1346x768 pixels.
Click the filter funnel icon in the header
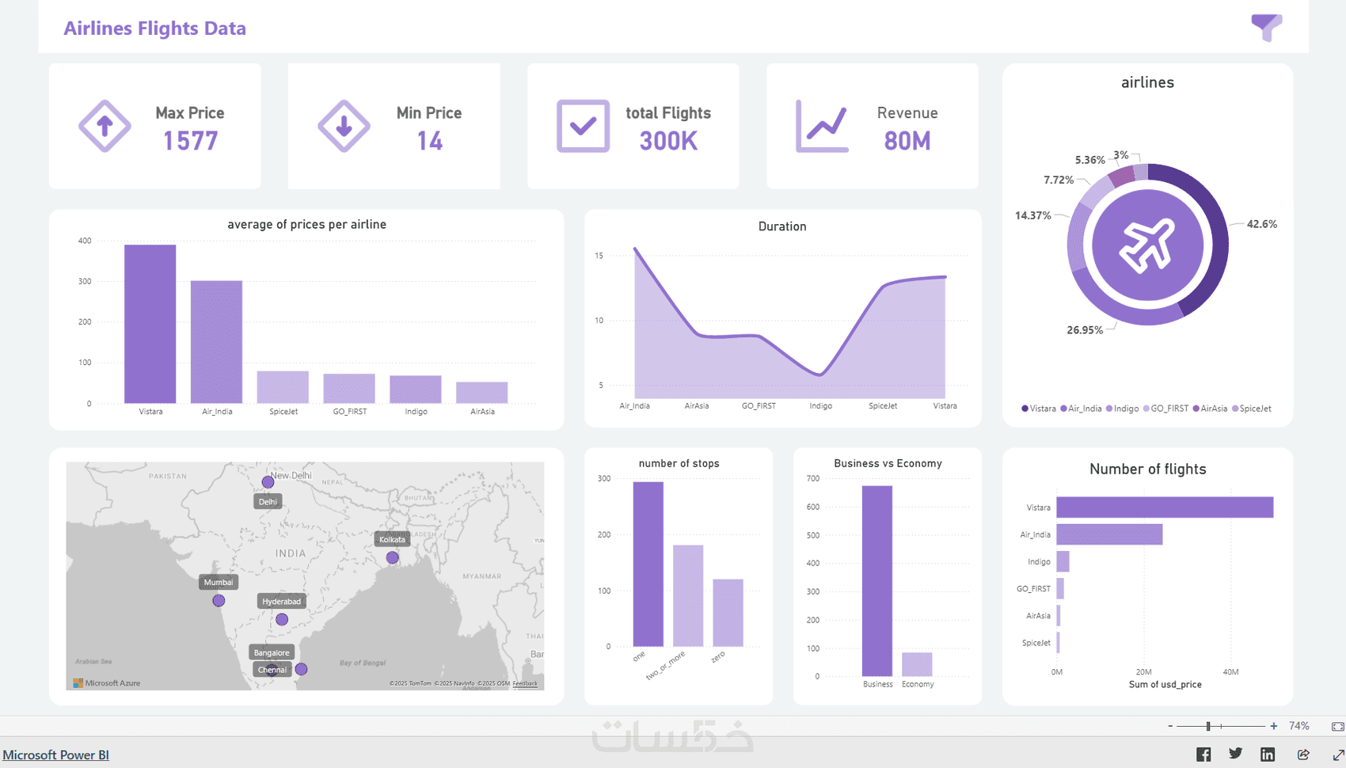[x=1266, y=27]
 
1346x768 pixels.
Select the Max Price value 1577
[x=190, y=141]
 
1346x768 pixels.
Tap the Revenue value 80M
[x=907, y=141]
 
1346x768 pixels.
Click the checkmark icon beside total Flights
[x=583, y=126]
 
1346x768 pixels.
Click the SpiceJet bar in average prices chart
[x=283, y=387]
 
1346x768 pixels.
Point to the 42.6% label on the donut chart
[x=1261, y=224]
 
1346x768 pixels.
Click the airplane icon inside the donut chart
[x=1147, y=245]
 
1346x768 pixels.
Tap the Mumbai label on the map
[x=219, y=582]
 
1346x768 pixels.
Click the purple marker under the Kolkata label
[x=392, y=558]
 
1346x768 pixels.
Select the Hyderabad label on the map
[x=281, y=602]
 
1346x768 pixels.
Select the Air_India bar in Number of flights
[x=1108, y=534]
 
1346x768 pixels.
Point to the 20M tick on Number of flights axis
[x=1143, y=672]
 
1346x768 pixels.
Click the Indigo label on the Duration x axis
[x=820, y=406]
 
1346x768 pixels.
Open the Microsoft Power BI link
[x=55, y=755]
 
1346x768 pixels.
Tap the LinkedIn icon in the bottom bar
[x=1268, y=755]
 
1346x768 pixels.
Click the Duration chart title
[x=782, y=226]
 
